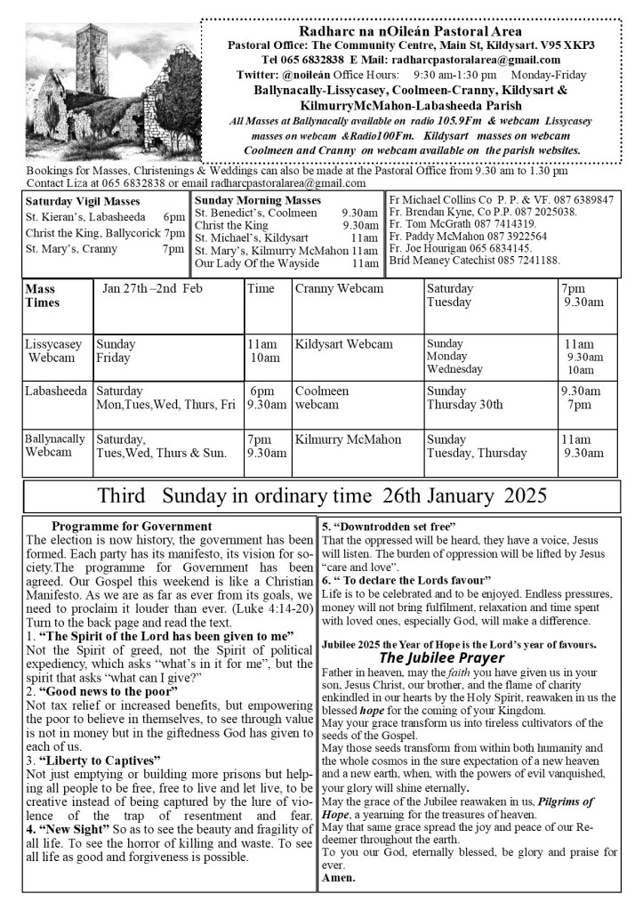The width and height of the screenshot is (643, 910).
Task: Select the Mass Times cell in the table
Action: (43, 295)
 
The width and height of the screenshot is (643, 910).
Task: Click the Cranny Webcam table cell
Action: (339, 288)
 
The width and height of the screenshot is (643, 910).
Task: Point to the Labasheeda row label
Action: (56, 391)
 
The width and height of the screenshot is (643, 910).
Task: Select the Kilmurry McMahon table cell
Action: (348, 439)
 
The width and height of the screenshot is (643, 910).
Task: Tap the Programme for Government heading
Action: (132, 527)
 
